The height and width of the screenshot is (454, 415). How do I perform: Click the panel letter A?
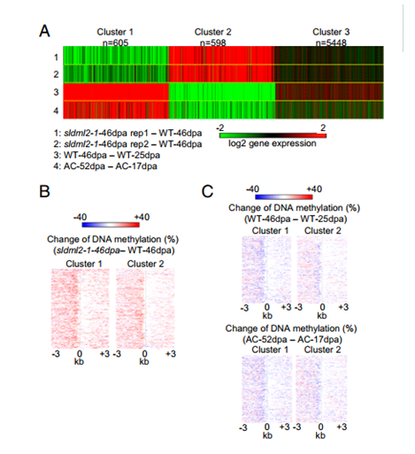click(x=44, y=31)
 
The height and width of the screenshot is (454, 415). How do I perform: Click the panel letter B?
click(x=44, y=191)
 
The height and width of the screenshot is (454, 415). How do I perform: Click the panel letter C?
click(x=207, y=191)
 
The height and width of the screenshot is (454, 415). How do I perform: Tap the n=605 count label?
click(x=115, y=42)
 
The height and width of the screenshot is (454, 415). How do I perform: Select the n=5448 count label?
click(x=331, y=42)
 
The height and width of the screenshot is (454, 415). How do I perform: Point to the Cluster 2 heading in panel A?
click(x=212, y=32)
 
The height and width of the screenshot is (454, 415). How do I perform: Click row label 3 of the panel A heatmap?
click(x=56, y=92)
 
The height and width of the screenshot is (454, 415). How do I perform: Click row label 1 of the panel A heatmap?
click(x=56, y=58)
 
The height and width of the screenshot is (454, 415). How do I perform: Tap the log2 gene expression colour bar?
click(x=273, y=135)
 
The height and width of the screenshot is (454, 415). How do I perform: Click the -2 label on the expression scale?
click(x=220, y=127)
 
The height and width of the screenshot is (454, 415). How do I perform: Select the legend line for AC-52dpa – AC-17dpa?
click(x=105, y=166)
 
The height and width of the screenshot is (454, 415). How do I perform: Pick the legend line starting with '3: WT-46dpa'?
click(x=107, y=155)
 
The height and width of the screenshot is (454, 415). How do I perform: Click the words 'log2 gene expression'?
click(x=273, y=143)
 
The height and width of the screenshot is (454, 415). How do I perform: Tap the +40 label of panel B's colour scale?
click(x=142, y=217)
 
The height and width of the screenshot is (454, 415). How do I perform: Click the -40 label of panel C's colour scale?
click(x=252, y=189)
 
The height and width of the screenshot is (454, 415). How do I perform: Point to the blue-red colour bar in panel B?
click(x=111, y=225)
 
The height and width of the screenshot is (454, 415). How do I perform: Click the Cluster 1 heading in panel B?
click(x=84, y=264)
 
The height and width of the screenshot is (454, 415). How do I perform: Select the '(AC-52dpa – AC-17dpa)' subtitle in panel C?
click(x=292, y=340)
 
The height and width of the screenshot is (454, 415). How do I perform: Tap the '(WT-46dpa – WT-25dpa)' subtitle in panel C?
click(x=296, y=219)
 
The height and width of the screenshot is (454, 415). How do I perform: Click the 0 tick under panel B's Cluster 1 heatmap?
click(x=80, y=353)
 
